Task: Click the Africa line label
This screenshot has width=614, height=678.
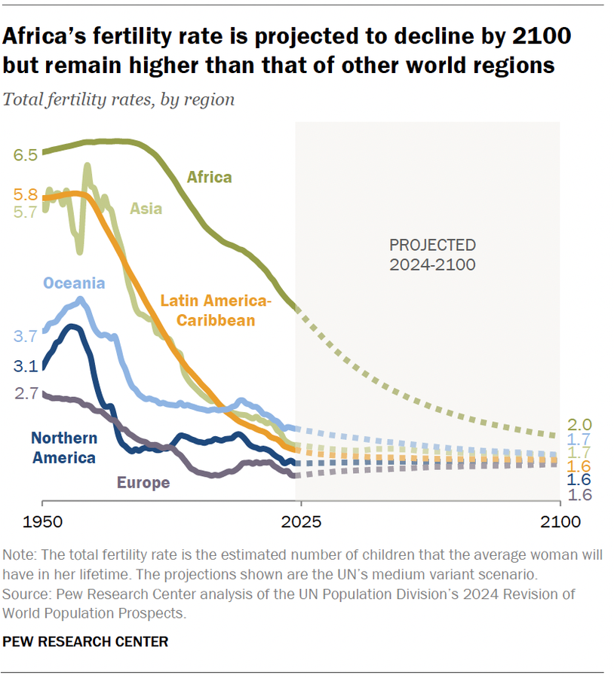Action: click(209, 178)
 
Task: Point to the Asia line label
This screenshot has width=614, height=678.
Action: click(146, 209)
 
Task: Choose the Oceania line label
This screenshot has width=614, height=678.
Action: click(74, 283)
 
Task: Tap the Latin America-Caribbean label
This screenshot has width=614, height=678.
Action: click(215, 311)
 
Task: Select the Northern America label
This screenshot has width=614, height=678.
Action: click(63, 447)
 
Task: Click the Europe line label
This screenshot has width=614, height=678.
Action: click(143, 483)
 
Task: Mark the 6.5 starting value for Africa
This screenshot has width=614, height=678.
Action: click(25, 155)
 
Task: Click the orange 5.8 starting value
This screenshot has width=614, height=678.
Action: click(25, 194)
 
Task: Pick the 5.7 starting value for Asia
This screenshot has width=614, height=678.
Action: click(25, 212)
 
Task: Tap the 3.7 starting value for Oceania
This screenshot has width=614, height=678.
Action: click(25, 337)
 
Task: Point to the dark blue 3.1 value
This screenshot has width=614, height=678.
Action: click(25, 367)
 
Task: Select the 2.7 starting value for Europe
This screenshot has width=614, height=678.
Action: click(25, 392)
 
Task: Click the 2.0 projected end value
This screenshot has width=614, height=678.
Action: click(580, 425)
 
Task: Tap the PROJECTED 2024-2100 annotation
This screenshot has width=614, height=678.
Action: click(432, 255)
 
